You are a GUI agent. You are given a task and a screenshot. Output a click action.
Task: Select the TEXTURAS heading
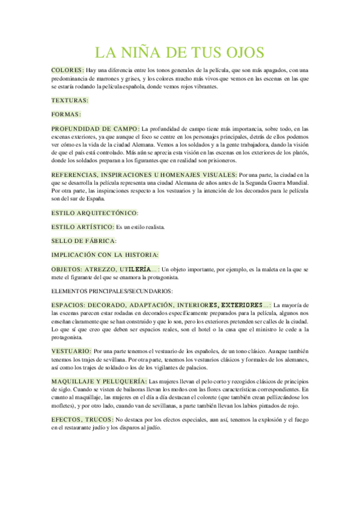click(x=70, y=100)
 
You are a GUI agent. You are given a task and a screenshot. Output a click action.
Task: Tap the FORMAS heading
click(x=66, y=114)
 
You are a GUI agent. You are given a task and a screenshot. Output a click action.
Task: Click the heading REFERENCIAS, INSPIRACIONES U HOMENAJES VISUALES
click(x=144, y=174)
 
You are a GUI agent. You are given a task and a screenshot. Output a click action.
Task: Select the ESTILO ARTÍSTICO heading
click(x=82, y=227)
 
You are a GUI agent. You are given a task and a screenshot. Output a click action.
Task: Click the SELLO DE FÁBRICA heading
click(x=84, y=241)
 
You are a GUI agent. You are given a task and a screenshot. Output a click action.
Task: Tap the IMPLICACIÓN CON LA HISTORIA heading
click(x=105, y=255)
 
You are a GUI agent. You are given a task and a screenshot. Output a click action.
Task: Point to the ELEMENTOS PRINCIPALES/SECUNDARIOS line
click(x=112, y=291)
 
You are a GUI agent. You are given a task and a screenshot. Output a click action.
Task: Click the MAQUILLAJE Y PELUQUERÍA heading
click(x=99, y=381)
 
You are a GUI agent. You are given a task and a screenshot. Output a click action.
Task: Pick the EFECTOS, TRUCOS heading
click(x=82, y=419)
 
